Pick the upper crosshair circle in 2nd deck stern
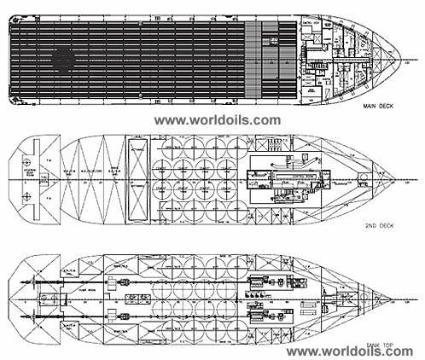[26, 161]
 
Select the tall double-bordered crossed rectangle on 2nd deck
[136, 181]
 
